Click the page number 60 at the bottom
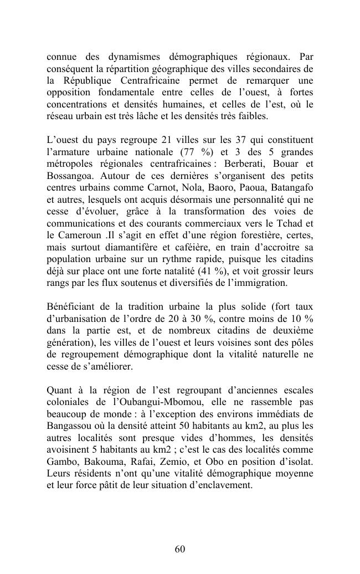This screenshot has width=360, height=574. pyautogui.click(x=179, y=549)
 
